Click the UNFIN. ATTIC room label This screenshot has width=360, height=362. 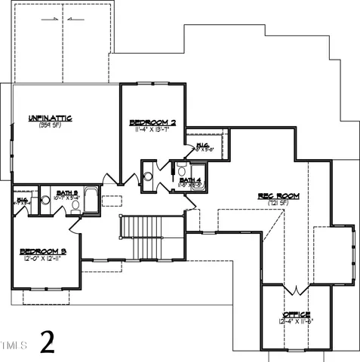pos(50,118)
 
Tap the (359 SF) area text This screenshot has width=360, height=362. pos(50,125)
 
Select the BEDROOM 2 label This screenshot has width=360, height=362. pos(152,121)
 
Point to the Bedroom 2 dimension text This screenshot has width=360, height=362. pos(152,129)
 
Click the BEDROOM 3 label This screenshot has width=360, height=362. pos(43,250)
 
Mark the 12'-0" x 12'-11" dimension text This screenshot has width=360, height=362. pos(43,258)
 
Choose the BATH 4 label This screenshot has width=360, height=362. pos(191,179)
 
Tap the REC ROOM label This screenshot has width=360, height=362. pos(278,196)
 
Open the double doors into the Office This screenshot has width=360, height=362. pos(295,290)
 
